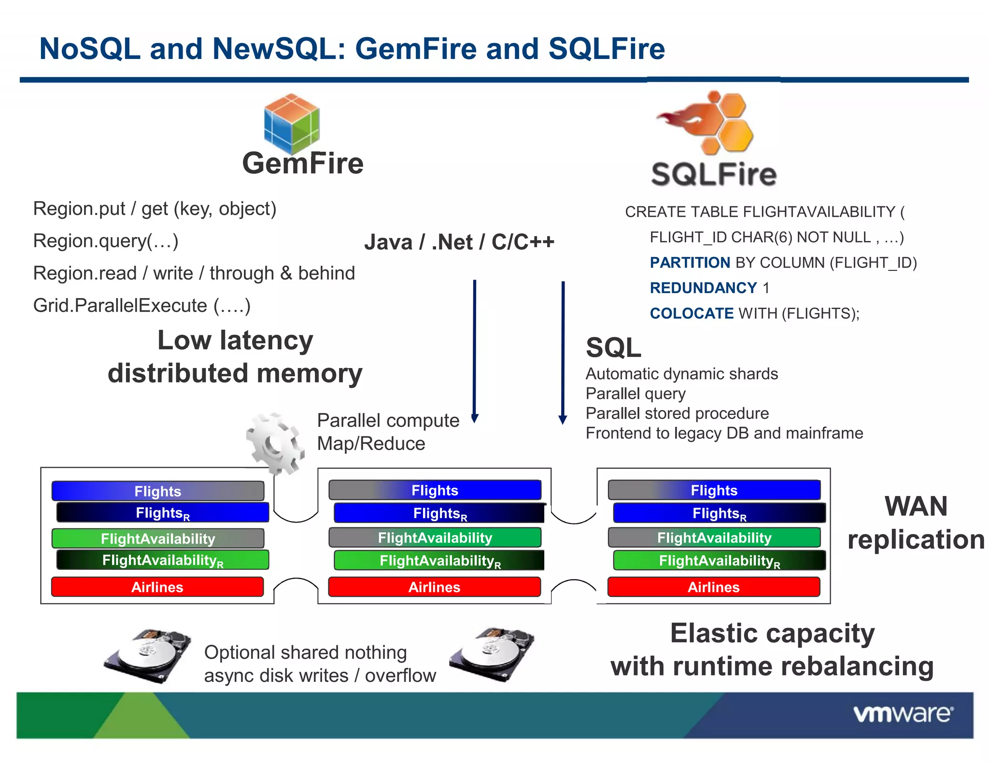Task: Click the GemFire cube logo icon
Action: tap(292, 124)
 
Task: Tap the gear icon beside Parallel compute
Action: tap(274, 443)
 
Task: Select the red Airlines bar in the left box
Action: tap(157, 587)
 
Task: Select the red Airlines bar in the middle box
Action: tap(434, 587)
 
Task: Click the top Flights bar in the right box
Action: tap(714, 490)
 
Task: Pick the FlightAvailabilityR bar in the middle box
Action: tap(439, 560)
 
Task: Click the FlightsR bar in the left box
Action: tap(163, 512)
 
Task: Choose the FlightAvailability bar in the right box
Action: tap(714, 538)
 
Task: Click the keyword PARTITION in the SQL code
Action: tap(690, 263)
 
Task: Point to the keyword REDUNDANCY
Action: tap(703, 288)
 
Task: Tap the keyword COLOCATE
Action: tap(692, 313)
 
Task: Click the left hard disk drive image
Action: tap(147, 656)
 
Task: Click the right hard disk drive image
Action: tap(492, 654)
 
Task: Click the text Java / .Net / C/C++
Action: tap(459, 242)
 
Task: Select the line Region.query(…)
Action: tap(106, 241)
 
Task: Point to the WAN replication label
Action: tap(916, 523)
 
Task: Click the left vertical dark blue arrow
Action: tap(475, 350)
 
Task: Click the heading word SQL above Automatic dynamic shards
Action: tap(613, 347)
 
